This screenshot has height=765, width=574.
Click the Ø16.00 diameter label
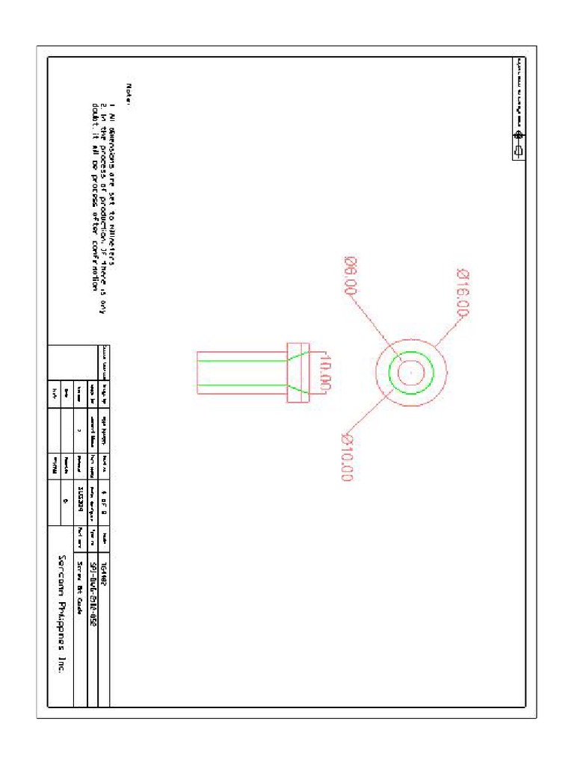(469, 294)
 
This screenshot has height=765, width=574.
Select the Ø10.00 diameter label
(348, 457)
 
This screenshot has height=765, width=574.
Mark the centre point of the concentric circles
(410, 371)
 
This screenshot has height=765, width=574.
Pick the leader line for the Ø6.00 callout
(377, 326)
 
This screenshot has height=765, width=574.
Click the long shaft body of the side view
(239, 371)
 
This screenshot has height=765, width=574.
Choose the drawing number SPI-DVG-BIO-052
(92, 584)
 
